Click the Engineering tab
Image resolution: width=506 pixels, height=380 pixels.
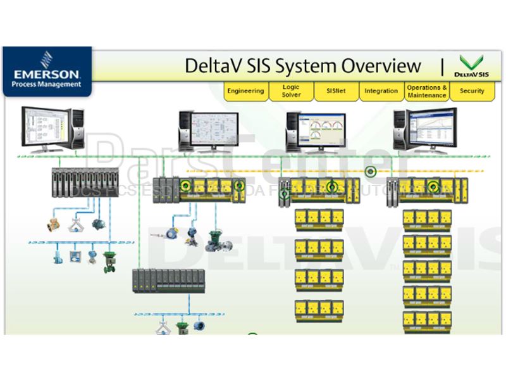[245, 91]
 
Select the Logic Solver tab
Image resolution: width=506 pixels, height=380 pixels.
[291, 91]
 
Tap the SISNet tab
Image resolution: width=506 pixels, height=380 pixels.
[336, 91]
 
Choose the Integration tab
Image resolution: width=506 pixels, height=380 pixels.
[381, 91]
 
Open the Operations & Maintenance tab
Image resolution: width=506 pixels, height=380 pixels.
[427, 91]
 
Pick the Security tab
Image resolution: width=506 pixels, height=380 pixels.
[472, 91]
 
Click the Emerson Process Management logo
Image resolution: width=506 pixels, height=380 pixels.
[47, 71]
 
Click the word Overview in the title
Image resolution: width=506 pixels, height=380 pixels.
[381, 66]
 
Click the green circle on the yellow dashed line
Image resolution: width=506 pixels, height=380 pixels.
[370, 172]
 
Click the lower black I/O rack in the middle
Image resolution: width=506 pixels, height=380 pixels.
[169, 280]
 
